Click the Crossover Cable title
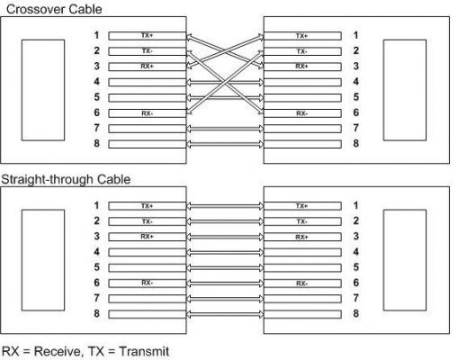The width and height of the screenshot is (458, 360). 54,9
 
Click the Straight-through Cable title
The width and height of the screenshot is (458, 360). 66,179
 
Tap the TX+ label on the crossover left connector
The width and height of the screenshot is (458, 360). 147,36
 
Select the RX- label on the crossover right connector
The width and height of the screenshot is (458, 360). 301,113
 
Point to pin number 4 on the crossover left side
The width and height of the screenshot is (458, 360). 96,82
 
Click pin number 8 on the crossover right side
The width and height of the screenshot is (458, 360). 355,143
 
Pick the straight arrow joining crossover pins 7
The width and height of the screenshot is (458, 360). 225,129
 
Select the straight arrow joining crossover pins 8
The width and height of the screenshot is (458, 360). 225,144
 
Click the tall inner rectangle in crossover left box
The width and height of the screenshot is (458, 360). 43,90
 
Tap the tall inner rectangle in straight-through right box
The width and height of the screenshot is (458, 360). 405,260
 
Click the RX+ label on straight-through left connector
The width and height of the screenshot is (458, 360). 147,237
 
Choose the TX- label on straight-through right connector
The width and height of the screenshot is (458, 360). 301,221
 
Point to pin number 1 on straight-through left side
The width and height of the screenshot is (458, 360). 96,205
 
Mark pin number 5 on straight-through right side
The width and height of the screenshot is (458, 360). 355,267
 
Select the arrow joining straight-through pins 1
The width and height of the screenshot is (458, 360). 225,206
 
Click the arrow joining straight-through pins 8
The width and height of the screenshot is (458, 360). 225,314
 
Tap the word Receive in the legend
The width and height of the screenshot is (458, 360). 58,351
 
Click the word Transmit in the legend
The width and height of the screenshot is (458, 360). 144,351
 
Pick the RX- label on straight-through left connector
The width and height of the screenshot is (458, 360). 147,283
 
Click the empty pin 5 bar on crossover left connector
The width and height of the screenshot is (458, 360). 147,98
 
